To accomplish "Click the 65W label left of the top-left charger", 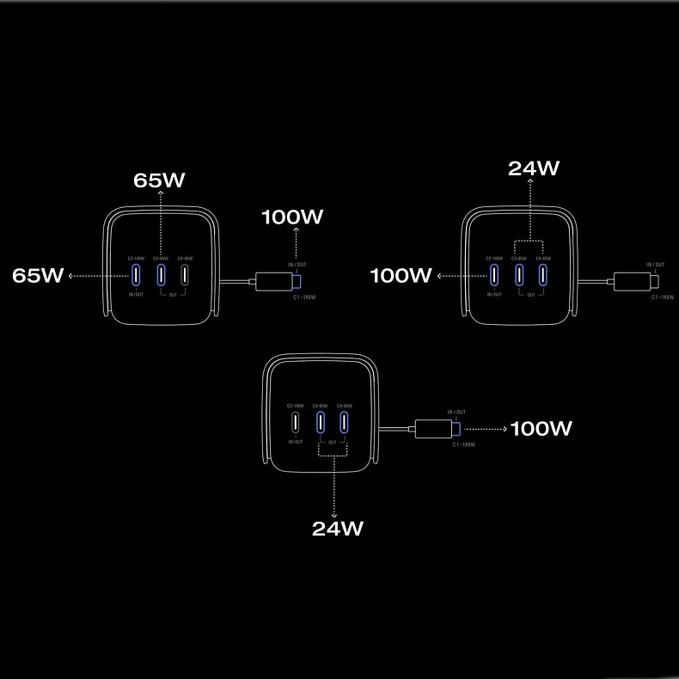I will pos(38,275).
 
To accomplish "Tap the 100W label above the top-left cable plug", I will pos(292,217).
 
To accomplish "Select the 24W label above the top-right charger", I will pos(533,168).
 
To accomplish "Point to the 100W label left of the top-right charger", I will pos(401,275).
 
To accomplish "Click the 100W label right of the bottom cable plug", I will pos(541,428).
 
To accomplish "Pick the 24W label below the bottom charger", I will pos(337,528).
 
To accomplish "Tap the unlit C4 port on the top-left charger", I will pos(184,275).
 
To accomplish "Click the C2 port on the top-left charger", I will pos(136,275).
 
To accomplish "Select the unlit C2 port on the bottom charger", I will pos(296,422).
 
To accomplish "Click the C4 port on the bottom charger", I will pos(344,422).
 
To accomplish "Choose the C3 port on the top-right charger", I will pos(518,275).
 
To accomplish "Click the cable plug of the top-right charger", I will pos(636,280).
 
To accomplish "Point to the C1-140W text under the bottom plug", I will pos(463,444).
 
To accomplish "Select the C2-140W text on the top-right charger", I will pos(493,258).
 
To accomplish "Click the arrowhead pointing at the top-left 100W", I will pos(296,230).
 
